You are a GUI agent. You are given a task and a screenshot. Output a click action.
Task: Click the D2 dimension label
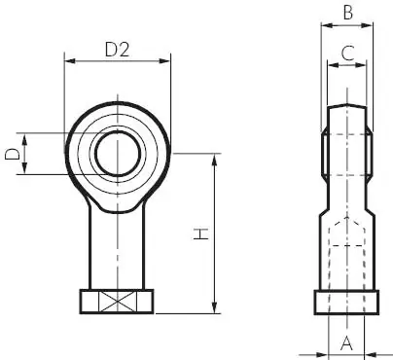117,50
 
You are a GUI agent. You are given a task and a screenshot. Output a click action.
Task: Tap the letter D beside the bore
13,154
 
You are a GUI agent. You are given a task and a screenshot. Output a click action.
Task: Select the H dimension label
200,234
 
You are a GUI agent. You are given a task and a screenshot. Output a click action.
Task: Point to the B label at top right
347,13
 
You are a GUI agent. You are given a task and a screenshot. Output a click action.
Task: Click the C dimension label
348,54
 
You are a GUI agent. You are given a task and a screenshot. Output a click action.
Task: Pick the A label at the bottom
346,343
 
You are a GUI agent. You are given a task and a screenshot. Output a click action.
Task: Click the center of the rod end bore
119,154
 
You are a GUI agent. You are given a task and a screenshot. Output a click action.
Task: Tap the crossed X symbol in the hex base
118,302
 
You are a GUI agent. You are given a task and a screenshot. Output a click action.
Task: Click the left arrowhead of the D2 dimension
70,60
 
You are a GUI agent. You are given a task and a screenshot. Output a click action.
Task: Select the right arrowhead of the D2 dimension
164,60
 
